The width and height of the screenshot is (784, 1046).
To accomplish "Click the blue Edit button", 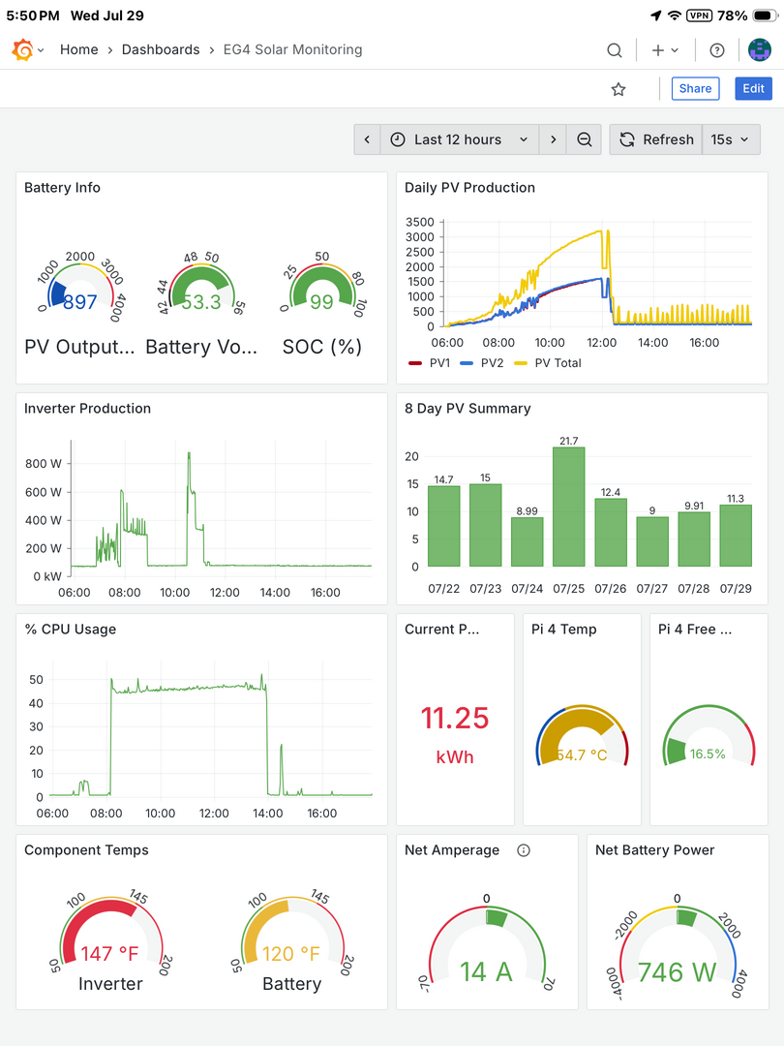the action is (753, 89).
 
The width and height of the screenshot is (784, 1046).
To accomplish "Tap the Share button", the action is (695, 89).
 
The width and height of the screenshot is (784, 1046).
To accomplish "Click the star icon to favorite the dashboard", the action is (618, 89).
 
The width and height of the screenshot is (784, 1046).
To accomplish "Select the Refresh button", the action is (656, 139).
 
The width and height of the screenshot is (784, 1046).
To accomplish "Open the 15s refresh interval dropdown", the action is (731, 139).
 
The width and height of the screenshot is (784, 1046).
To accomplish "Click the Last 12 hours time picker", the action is (460, 139).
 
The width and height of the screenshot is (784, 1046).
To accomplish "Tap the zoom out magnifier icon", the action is (584, 139).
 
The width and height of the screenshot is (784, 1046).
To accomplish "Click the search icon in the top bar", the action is (615, 50).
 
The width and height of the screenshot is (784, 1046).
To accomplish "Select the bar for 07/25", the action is (569, 507).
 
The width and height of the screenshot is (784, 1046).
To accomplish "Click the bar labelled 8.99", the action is (528, 541).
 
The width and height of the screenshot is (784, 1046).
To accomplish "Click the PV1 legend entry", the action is (430, 363).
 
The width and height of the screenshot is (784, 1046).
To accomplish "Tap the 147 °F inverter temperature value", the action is (109, 954).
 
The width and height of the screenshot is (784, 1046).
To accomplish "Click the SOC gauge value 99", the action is (321, 302).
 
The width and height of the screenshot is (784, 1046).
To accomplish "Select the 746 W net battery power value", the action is (677, 972).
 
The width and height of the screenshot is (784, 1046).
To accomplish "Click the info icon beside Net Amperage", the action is (524, 850).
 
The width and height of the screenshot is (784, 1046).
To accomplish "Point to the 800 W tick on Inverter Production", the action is (44, 464).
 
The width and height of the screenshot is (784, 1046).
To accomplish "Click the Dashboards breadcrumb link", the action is (161, 50).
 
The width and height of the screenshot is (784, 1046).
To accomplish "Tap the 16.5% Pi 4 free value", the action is (708, 754).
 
